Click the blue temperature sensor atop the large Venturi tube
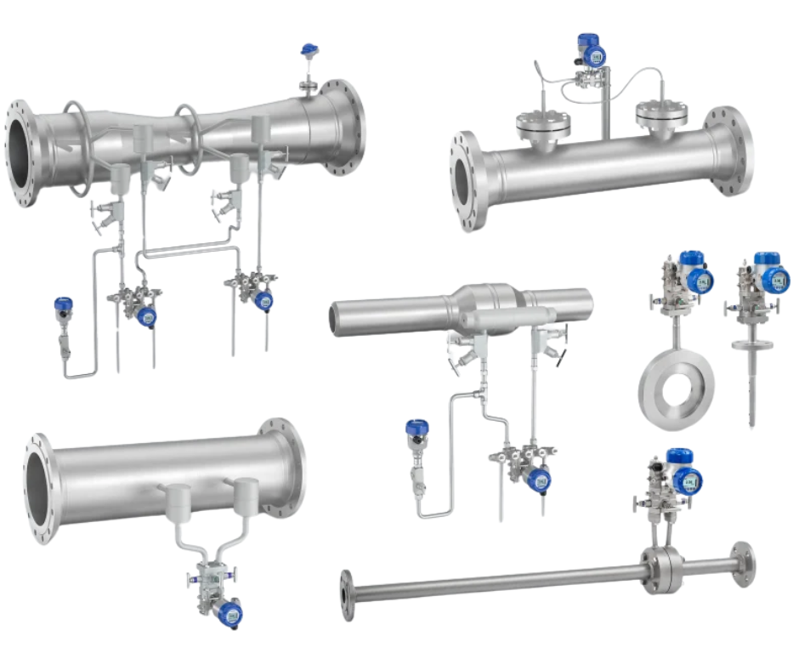(x=309, y=50)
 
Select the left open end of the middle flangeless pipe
(x=337, y=317)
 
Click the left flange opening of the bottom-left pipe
(x=40, y=488)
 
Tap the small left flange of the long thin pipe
(x=347, y=595)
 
